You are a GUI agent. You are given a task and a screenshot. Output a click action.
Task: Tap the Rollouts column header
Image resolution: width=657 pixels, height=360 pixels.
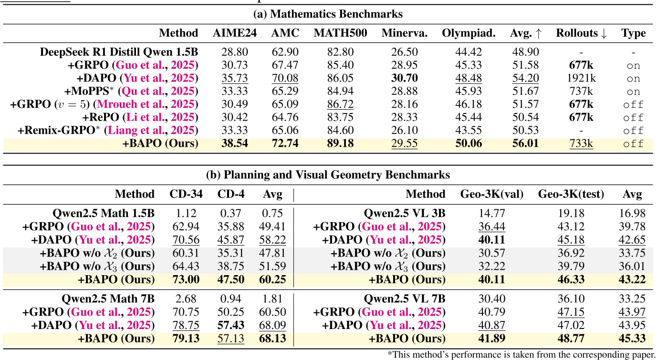pos(582,33)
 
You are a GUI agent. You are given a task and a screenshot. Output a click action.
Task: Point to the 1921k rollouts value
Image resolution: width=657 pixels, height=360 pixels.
pos(582,79)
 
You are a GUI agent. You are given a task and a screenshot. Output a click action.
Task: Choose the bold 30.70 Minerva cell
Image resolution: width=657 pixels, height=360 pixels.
pos(404,79)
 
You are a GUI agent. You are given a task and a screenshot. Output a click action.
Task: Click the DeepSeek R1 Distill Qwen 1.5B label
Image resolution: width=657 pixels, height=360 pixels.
pos(119,52)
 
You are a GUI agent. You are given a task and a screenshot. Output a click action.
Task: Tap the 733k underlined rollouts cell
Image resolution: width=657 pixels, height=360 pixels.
pos(582,143)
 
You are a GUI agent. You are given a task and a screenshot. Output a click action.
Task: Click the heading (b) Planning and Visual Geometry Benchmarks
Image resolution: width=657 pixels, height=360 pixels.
pos(328,175)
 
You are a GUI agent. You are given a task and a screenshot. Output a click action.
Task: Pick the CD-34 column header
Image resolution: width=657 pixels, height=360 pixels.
pos(186,194)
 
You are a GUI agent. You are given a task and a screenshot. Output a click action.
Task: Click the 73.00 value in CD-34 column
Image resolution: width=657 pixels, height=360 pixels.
pos(186,279)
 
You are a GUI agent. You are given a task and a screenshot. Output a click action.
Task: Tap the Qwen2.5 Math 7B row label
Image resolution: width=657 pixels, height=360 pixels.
pos(108,299)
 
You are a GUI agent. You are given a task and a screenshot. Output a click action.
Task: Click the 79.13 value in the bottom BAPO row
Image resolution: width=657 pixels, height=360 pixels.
pos(186,339)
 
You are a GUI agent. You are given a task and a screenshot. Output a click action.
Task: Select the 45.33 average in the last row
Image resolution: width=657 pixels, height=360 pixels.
pos(632,339)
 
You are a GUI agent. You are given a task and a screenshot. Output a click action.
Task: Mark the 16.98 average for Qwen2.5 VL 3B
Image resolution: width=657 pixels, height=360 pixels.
pos(632,214)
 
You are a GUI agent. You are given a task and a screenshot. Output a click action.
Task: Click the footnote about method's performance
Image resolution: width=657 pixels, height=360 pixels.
pos(521,354)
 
